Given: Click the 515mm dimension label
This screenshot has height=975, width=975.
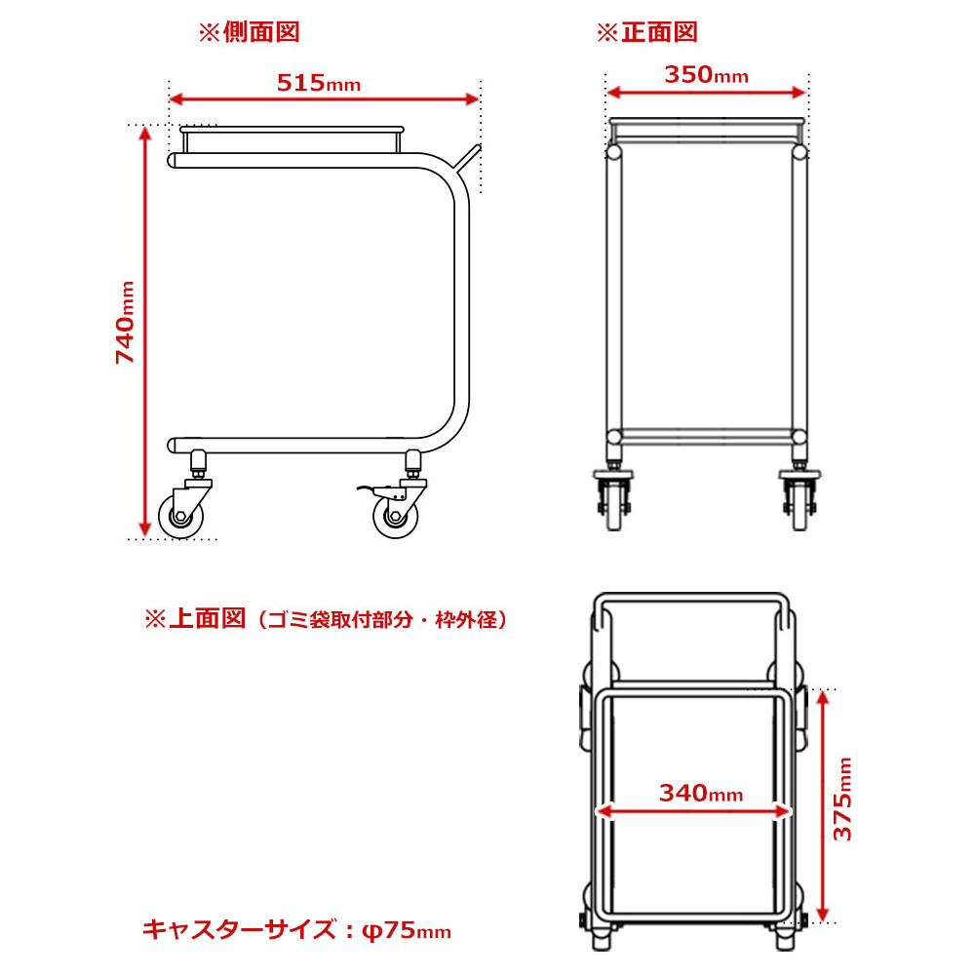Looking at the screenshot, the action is pos(319,83).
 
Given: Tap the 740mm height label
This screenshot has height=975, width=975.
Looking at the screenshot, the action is pos(126,322).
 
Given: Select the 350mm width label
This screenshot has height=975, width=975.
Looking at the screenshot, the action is pos(706,75).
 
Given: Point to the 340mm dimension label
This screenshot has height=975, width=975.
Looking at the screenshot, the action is pos(701,793).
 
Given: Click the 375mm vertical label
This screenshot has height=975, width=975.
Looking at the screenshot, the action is pos(842,799).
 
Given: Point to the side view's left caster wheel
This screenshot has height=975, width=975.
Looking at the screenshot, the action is pos(180,516).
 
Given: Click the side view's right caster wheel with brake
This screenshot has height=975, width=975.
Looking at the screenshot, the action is pos(396,516).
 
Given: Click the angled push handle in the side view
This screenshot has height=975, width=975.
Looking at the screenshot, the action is pos(467,159).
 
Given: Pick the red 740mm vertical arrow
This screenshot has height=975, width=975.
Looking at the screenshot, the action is pos(145,331).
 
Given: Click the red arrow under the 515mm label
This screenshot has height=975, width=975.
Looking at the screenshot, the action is pos(324,98).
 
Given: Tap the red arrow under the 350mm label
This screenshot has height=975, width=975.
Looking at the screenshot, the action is pos(706,93).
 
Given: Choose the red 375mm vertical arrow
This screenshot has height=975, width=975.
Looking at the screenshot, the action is pos(822,806).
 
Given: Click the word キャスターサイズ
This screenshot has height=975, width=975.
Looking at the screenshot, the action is pos(240,930).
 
